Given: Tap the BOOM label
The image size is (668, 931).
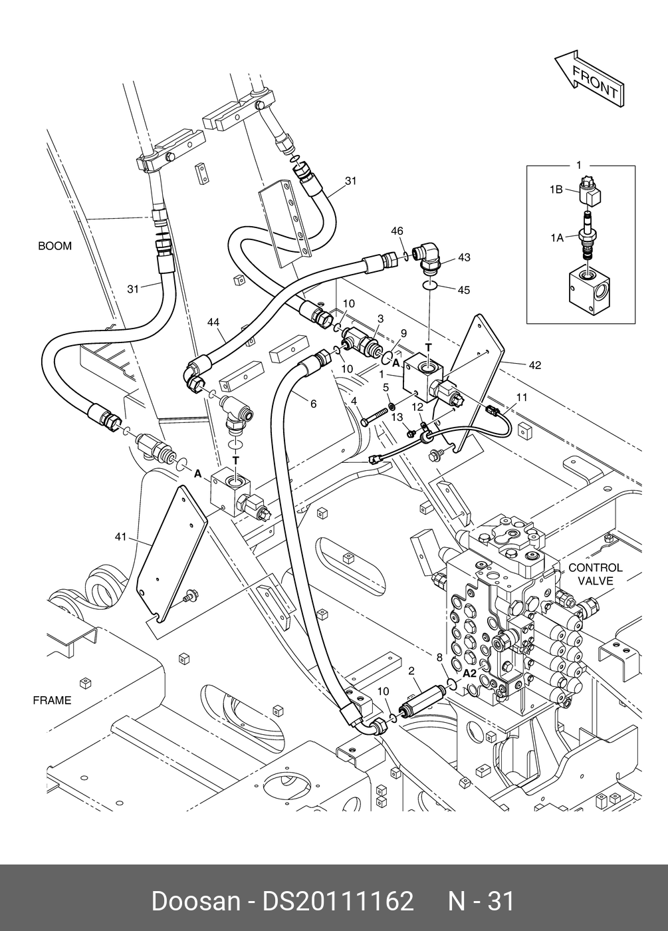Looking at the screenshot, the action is pyautogui.click(x=55, y=246).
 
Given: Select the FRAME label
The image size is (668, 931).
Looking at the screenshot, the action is pyautogui.click(x=53, y=701).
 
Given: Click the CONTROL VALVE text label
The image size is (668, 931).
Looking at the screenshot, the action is pyautogui.click(x=596, y=574).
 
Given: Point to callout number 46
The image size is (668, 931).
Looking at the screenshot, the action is pyautogui.click(x=397, y=231).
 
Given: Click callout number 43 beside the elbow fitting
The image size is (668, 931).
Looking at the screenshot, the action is pyautogui.click(x=464, y=258).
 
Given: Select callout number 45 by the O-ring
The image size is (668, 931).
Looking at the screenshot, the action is pyautogui.click(x=464, y=290).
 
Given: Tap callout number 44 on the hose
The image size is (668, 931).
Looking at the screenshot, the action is pyautogui.click(x=213, y=323).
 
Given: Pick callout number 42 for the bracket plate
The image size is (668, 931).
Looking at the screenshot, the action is pyautogui.click(x=535, y=365).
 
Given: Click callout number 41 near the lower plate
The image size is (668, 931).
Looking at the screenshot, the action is pyautogui.click(x=120, y=537).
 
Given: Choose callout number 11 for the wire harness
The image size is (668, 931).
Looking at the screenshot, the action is pyautogui.click(x=521, y=398).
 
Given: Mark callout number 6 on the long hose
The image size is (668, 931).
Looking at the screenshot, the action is pyautogui.click(x=314, y=404).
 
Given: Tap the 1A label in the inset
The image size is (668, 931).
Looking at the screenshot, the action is pyautogui.click(x=557, y=238).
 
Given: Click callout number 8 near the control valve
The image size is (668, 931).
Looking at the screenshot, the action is pyautogui.click(x=439, y=657).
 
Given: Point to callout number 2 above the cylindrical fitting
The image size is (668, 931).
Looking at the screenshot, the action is pyautogui.click(x=411, y=671).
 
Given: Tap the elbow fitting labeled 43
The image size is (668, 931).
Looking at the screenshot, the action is pyautogui.click(x=425, y=259).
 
